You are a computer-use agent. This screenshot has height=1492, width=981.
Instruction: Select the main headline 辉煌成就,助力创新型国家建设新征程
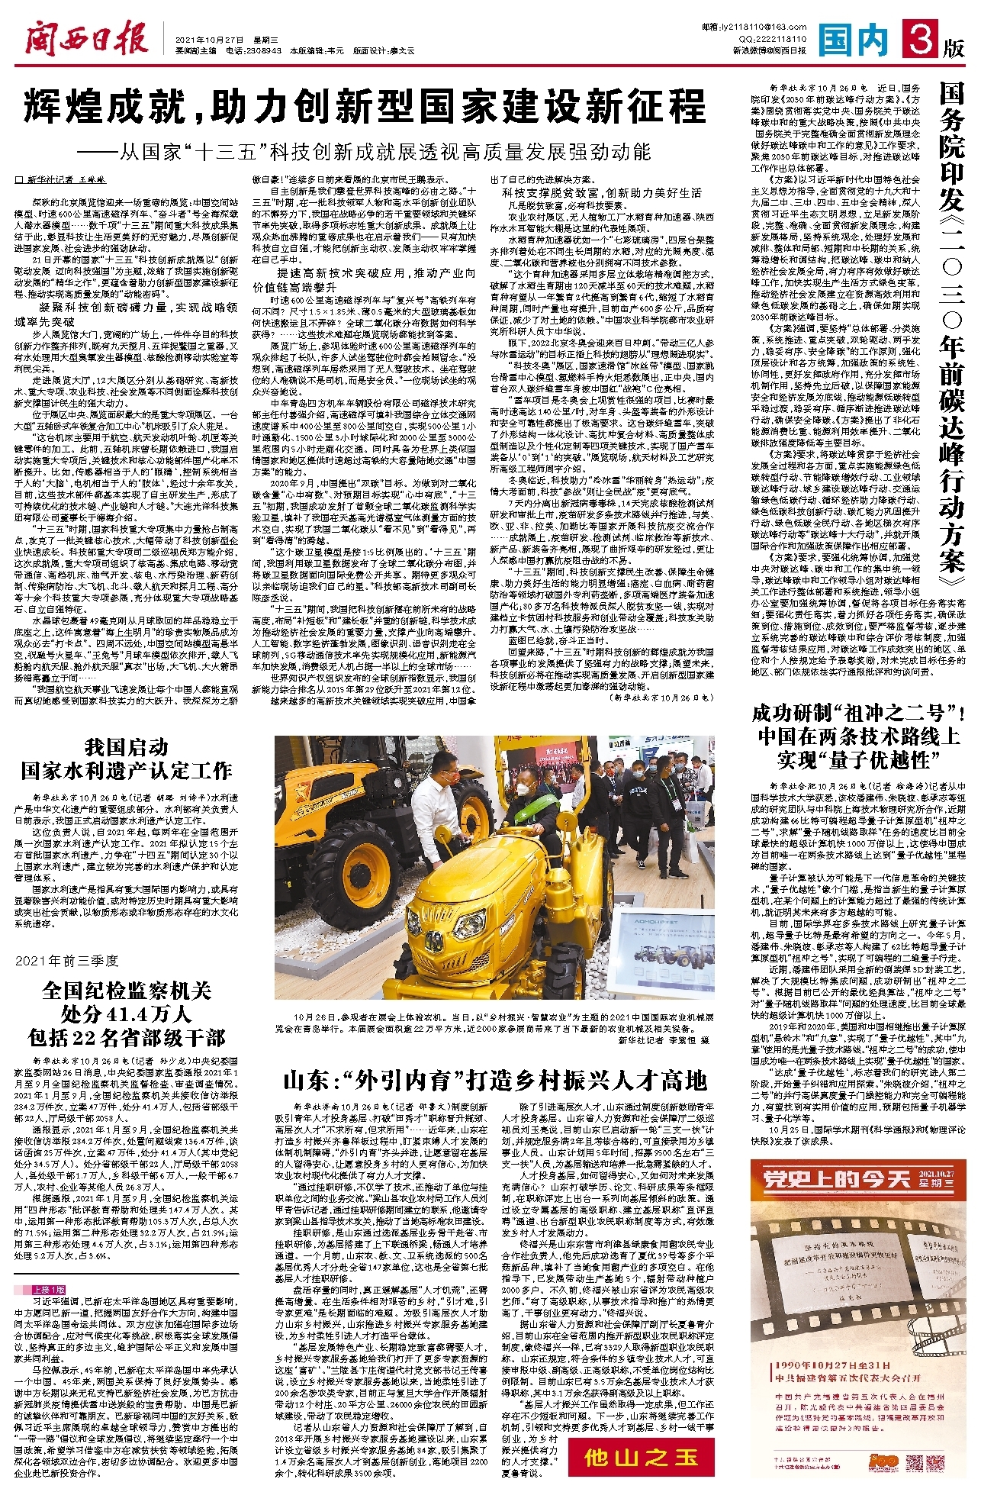pyautogui.click(x=365, y=107)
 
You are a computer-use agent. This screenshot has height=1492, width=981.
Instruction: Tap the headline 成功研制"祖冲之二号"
pyautogui.click(x=858, y=714)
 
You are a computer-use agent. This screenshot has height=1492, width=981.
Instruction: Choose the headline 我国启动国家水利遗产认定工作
pyautogui.click(x=126, y=759)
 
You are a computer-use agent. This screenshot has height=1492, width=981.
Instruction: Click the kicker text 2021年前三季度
pyautogui.click(x=67, y=960)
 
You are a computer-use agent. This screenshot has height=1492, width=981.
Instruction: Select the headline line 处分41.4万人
pyautogui.click(x=126, y=1014)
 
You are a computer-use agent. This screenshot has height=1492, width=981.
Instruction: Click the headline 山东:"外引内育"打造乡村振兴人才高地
pyautogui.click(x=495, y=1081)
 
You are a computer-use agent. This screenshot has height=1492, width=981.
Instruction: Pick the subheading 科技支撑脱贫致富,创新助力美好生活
pyautogui.click(x=601, y=193)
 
